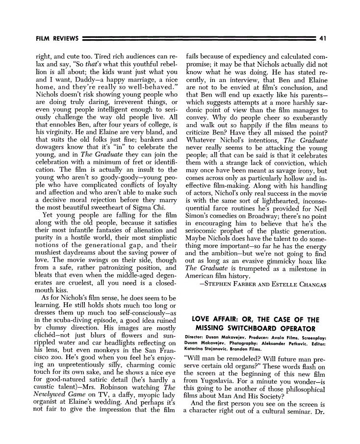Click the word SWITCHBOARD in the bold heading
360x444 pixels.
(x=254, y=327)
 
